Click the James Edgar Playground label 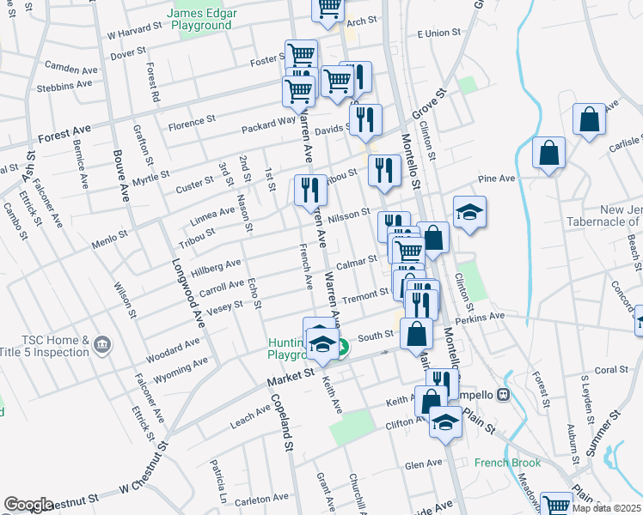coord(199,19)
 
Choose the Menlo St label coord(111,233)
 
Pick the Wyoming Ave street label coord(181,370)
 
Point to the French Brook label coord(508,463)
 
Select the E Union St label coord(438,33)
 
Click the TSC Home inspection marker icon coord(101,346)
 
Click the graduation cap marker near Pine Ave coord(469,212)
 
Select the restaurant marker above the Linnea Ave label coord(310,191)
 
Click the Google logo coord(28,505)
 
